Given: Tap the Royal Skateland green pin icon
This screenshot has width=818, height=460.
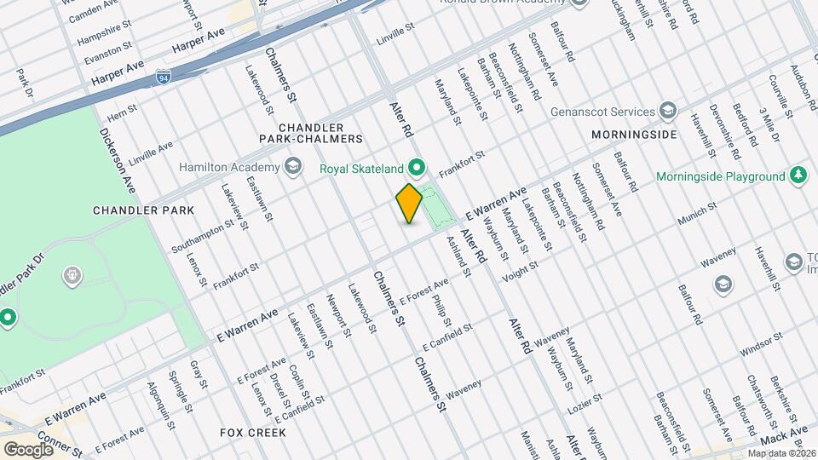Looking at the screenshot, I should point(417,167).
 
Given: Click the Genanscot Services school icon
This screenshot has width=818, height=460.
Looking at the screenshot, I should point(668,112).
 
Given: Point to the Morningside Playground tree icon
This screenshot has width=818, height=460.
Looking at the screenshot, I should point(798,176).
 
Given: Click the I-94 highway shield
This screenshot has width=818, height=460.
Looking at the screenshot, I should point(163,78).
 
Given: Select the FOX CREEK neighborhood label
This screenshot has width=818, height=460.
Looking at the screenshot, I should point(252,433).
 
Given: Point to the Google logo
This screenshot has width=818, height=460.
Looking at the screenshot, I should point(27,449).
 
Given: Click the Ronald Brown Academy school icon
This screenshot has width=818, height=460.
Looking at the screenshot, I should point(580,3).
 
